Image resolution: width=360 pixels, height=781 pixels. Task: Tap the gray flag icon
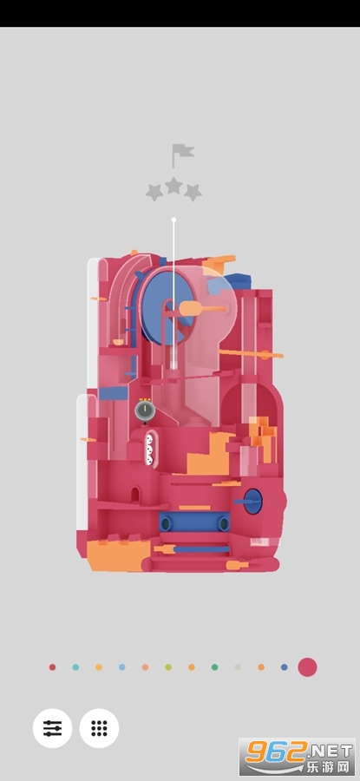(x=182, y=154)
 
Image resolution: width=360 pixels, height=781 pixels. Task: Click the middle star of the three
(x=173, y=186)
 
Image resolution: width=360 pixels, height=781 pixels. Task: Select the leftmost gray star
(x=154, y=193)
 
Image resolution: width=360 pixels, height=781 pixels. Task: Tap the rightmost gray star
(x=193, y=193)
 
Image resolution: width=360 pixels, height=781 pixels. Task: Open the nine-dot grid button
(x=99, y=728)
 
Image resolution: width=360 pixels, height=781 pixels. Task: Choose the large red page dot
(x=307, y=667)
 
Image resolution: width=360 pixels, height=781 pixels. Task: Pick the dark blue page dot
(x=285, y=667)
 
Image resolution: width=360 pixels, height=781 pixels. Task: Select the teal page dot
(x=75, y=667)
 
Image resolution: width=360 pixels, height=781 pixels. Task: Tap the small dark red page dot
(x=52, y=667)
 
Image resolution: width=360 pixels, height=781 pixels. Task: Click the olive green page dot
(x=168, y=667)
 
